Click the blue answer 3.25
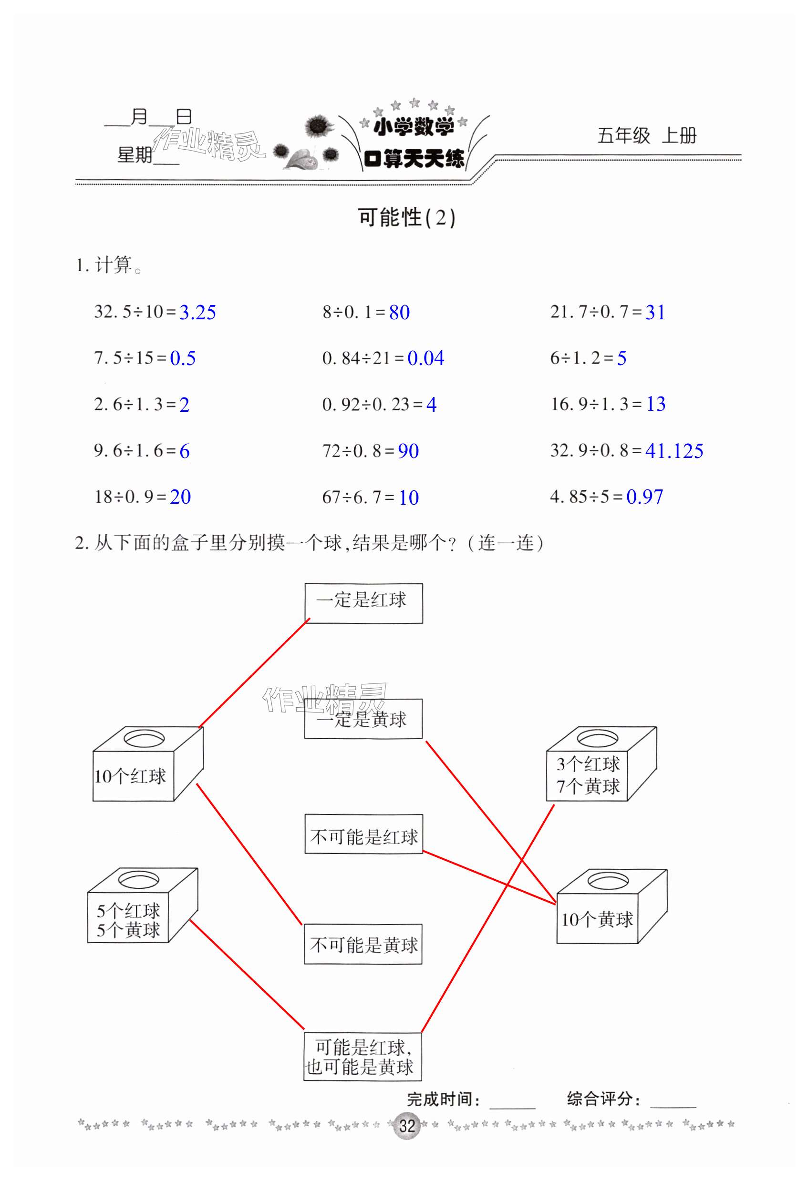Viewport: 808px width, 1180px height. [197, 312]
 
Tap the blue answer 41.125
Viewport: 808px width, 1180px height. [674, 451]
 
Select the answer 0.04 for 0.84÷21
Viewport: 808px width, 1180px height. [425, 358]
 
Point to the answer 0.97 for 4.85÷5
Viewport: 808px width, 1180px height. [644, 497]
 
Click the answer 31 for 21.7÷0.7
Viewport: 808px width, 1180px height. [655, 312]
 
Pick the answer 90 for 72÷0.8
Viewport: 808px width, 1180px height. [408, 451]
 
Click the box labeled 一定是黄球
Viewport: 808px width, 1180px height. [363, 719]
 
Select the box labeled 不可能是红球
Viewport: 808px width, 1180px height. [363, 834]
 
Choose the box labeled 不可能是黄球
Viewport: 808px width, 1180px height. [363, 944]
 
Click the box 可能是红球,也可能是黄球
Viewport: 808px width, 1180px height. [363, 1057]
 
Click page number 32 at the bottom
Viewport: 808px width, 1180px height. [407, 1126]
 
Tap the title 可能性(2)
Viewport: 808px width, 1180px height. [406, 218]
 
